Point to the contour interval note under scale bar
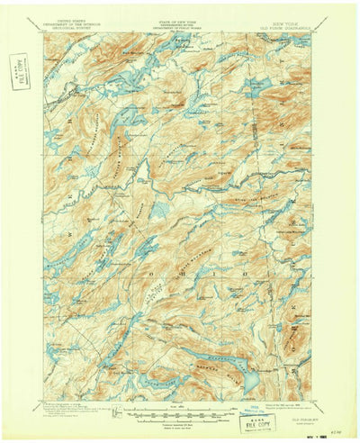tap(179, 415)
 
